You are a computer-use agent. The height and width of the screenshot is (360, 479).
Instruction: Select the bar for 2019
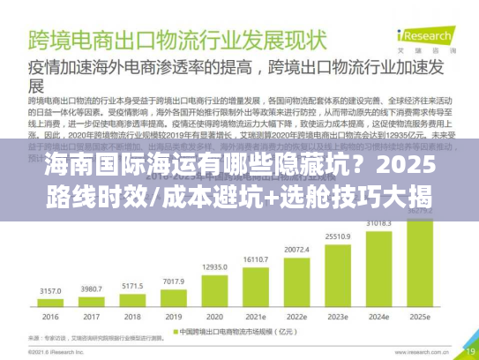[172, 298]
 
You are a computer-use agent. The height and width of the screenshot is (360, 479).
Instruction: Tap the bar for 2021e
[256, 281]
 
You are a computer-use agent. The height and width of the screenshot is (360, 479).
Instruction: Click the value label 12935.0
[214, 266]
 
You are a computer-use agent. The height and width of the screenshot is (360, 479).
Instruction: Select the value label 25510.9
[338, 236]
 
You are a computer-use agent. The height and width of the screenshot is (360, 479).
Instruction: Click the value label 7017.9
[172, 282]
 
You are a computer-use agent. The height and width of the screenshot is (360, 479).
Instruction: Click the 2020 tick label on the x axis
[214, 317]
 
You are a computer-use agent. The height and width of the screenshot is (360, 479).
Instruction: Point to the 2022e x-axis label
[296, 317]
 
